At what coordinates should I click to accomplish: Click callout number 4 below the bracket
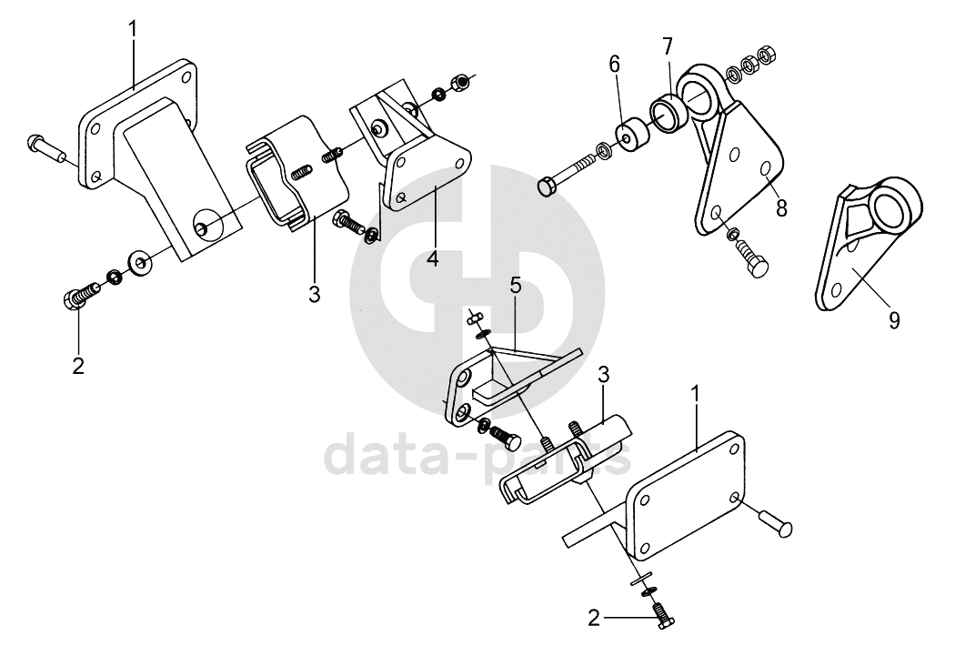pyautogui.click(x=433, y=257)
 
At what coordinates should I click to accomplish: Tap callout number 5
pyautogui.click(x=515, y=286)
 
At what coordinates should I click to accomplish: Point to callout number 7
pyautogui.click(x=668, y=45)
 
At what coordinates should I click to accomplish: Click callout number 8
pyautogui.click(x=781, y=207)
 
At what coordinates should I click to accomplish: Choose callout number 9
pyautogui.click(x=894, y=319)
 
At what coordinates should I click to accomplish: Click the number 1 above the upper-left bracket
pyautogui.click(x=133, y=28)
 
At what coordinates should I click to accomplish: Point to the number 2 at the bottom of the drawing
pyautogui.click(x=594, y=619)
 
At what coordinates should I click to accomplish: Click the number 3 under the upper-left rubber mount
pyautogui.click(x=314, y=294)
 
